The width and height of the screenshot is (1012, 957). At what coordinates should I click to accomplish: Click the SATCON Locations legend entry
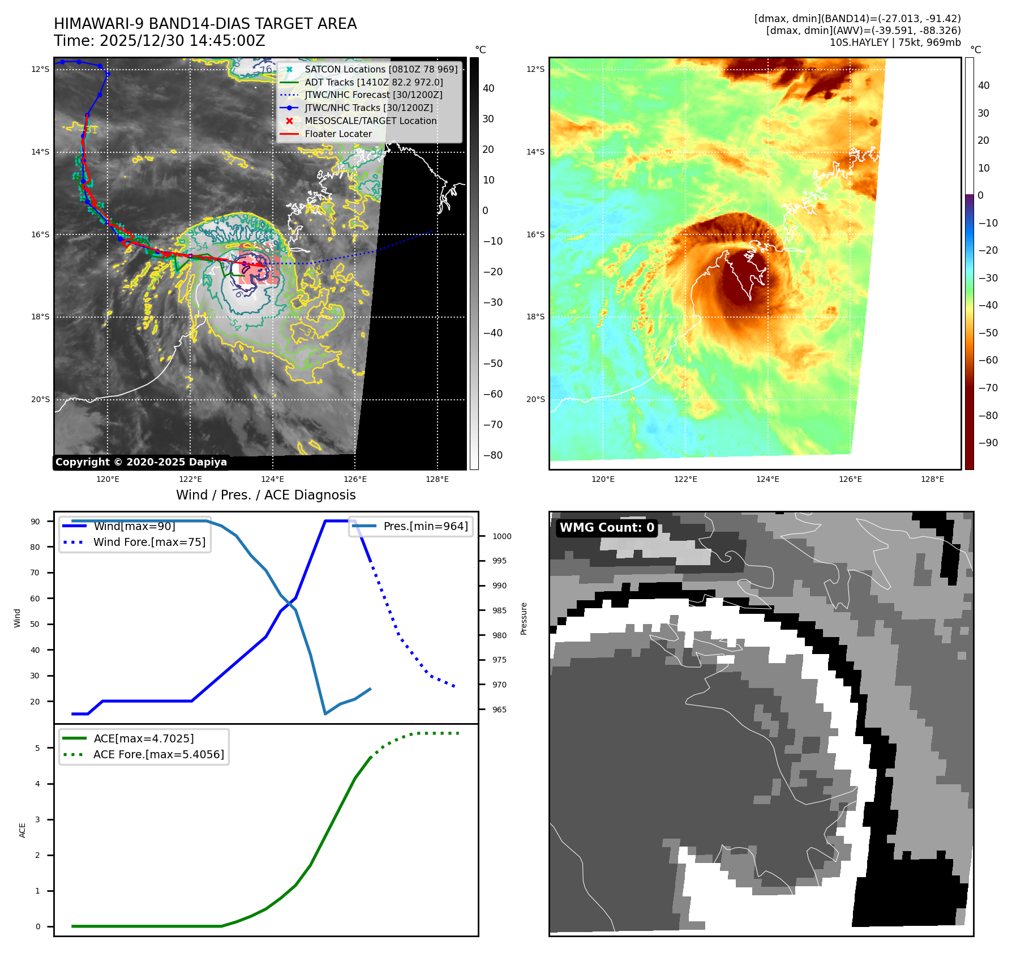[x=380, y=69]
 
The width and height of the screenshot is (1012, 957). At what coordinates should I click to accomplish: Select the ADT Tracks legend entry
[x=374, y=82]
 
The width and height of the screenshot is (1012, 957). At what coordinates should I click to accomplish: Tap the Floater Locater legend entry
[x=338, y=134]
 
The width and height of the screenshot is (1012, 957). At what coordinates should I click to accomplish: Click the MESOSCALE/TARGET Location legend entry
[x=370, y=121]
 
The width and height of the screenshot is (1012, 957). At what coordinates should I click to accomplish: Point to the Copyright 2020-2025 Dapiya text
[x=141, y=462]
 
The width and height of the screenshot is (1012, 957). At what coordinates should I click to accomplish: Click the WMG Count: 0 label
[x=607, y=528]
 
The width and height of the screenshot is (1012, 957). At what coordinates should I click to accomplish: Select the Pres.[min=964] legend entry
[x=425, y=526]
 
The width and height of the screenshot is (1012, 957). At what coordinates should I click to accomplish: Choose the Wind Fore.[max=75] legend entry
[x=149, y=542]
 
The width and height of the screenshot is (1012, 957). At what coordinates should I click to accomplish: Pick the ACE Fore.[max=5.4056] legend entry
[x=158, y=754]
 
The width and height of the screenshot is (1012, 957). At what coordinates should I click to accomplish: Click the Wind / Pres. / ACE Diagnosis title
[x=266, y=495]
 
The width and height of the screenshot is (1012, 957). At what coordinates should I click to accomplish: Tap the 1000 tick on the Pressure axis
[x=501, y=536]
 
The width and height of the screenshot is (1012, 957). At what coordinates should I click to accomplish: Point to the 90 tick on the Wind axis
[x=35, y=522]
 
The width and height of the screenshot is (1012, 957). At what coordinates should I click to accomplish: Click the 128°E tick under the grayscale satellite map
[x=437, y=479]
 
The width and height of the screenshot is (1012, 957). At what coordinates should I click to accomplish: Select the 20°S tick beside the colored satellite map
[x=535, y=399]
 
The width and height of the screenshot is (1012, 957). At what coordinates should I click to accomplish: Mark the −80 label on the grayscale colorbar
[x=492, y=455]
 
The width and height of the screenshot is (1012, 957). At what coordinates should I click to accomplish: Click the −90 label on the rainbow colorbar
[x=988, y=443]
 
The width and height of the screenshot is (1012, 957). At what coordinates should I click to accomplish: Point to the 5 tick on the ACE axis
[x=37, y=748]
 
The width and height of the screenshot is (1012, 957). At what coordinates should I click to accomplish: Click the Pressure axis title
[x=524, y=618]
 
